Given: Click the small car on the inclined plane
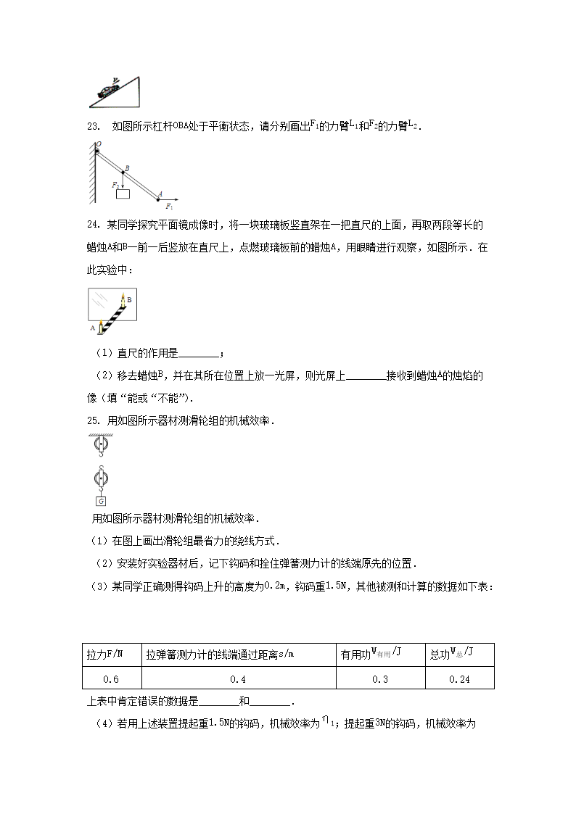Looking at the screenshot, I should pyautogui.click(x=109, y=91).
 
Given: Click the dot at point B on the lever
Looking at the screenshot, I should pyautogui.click(x=123, y=173).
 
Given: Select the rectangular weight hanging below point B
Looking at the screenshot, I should pyautogui.click(x=123, y=194).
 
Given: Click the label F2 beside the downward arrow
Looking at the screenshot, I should pyautogui.click(x=115, y=185).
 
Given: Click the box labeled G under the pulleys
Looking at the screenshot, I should pyautogui.click(x=100, y=501).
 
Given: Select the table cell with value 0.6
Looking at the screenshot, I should pyautogui.click(x=112, y=679).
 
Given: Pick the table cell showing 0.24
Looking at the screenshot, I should pyautogui.click(x=459, y=679).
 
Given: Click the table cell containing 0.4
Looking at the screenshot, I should pyautogui.click(x=238, y=679).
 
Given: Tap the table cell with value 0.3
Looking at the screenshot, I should pyautogui.click(x=380, y=679).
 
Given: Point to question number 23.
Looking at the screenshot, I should pyautogui.click(x=92, y=127).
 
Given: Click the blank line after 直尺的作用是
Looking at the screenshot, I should pyautogui.click(x=197, y=354).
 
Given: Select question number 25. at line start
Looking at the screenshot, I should pyautogui.click(x=92, y=420).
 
